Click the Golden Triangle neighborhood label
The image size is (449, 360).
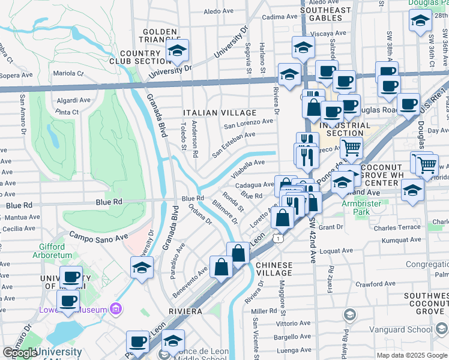[160, 36]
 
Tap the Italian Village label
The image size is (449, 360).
[219, 113]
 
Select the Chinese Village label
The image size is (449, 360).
[274, 269]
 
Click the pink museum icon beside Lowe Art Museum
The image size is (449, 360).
[116, 310]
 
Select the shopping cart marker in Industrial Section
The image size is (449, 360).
[351, 146]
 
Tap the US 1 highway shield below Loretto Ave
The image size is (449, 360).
[277, 239]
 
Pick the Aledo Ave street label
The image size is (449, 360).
[218, 11]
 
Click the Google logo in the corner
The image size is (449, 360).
[20, 353]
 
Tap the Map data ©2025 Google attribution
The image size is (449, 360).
[411, 355]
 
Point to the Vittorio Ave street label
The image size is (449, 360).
[279, 323]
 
